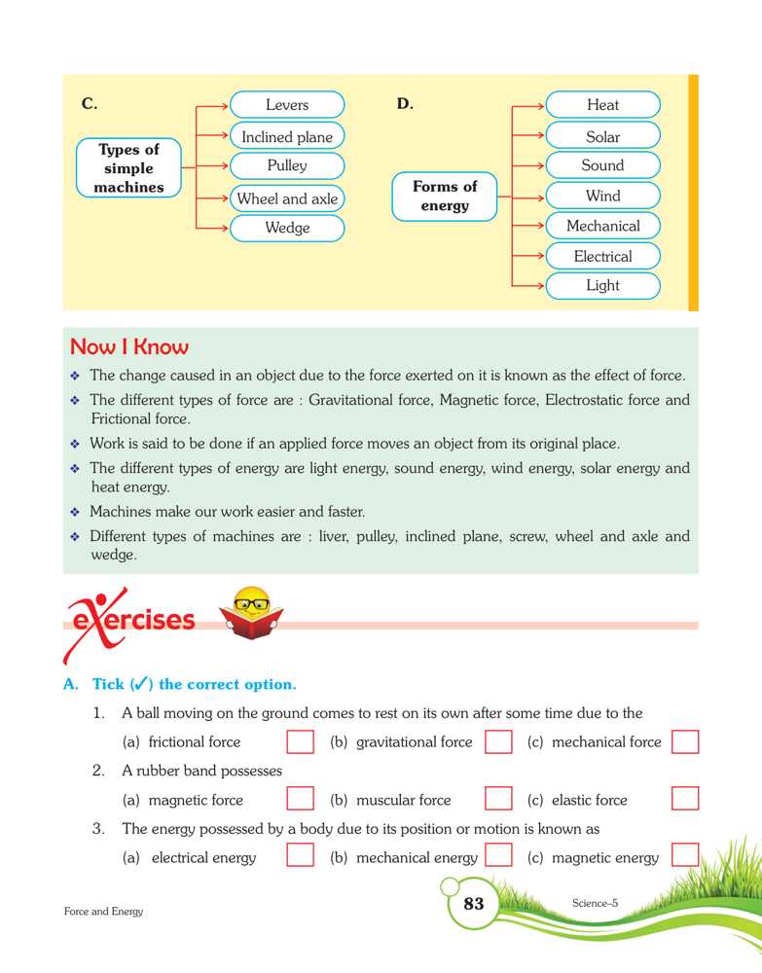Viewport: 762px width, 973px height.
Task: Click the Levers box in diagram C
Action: coord(287,105)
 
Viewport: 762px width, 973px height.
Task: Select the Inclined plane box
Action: coord(287,137)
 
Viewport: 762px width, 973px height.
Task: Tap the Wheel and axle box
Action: coord(287,198)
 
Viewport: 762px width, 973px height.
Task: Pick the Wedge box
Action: coord(287,228)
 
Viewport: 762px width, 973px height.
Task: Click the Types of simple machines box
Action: coord(128,168)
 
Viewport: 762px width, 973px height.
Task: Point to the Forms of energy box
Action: coord(445,196)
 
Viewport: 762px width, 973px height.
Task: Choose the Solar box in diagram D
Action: coord(602,137)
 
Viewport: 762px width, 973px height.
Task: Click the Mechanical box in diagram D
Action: coord(602,226)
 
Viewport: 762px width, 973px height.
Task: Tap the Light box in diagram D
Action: coord(602,286)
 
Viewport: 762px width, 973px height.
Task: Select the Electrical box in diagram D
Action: coord(602,257)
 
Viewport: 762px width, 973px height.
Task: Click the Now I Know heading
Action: coord(129,347)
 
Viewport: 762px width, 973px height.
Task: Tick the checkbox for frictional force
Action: coord(301,742)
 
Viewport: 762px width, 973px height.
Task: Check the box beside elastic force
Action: coord(685,800)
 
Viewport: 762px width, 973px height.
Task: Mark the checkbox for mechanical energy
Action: coord(498,857)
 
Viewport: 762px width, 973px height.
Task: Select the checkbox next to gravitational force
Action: coord(498,742)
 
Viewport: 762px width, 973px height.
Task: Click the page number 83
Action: coord(474,904)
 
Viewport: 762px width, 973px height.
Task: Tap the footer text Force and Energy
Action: coord(103,912)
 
